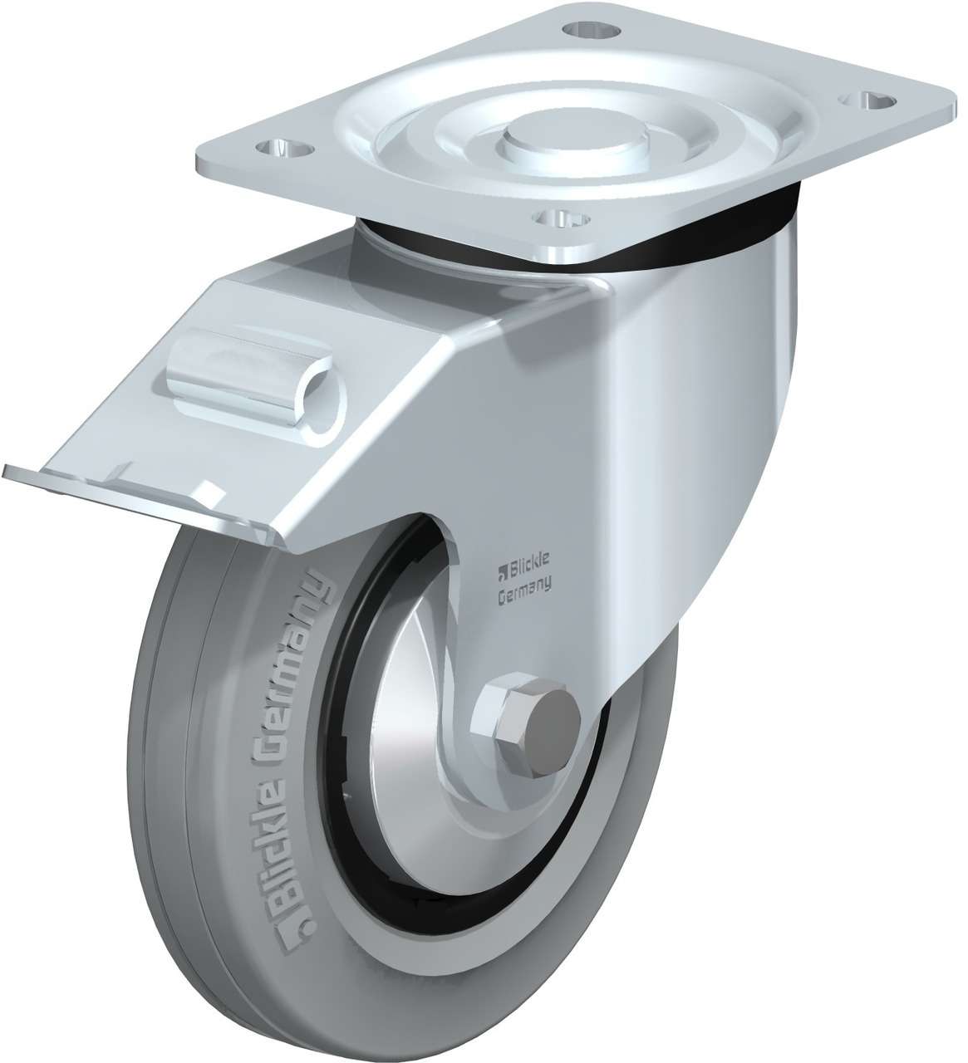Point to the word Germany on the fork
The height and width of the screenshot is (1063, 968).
point(525,590)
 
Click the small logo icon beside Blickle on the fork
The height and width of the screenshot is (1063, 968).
point(501,570)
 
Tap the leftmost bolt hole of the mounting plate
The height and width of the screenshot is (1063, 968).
point(287,149)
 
